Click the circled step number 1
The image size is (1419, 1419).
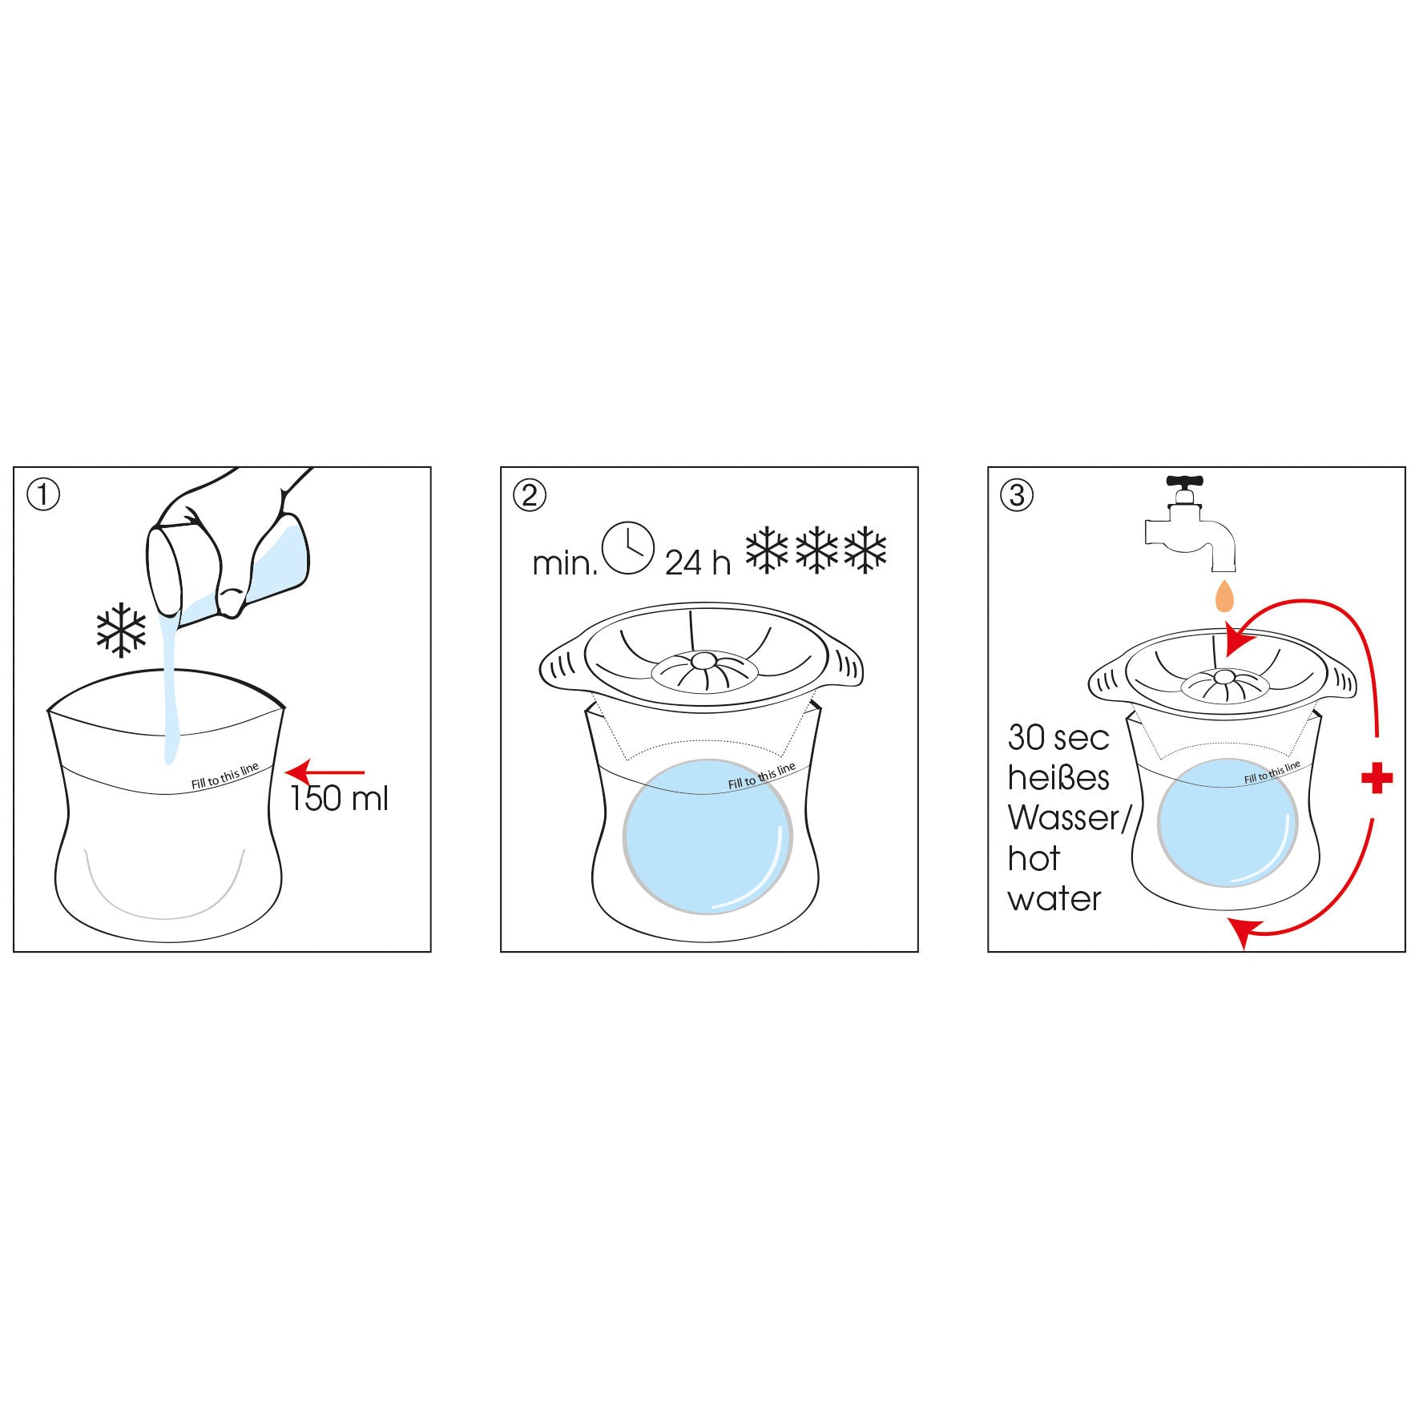43,495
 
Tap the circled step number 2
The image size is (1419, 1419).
530,495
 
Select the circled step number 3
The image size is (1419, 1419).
1017,495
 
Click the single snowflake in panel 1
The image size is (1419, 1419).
121,630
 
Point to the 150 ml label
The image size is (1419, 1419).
339,799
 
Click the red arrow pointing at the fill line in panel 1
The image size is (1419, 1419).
325,773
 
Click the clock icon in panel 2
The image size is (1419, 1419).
628,548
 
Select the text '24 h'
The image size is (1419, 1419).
698,562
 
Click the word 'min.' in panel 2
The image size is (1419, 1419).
565,564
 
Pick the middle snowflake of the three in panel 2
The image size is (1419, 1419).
816,550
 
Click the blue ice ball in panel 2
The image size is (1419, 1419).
707,836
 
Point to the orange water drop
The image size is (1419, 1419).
1223,597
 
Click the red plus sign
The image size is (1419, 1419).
1377,777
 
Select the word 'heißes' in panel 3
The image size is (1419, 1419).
1058,778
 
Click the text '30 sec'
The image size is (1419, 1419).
1058,738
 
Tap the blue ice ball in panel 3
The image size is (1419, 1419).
1228,824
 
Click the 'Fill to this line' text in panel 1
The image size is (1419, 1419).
225,776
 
